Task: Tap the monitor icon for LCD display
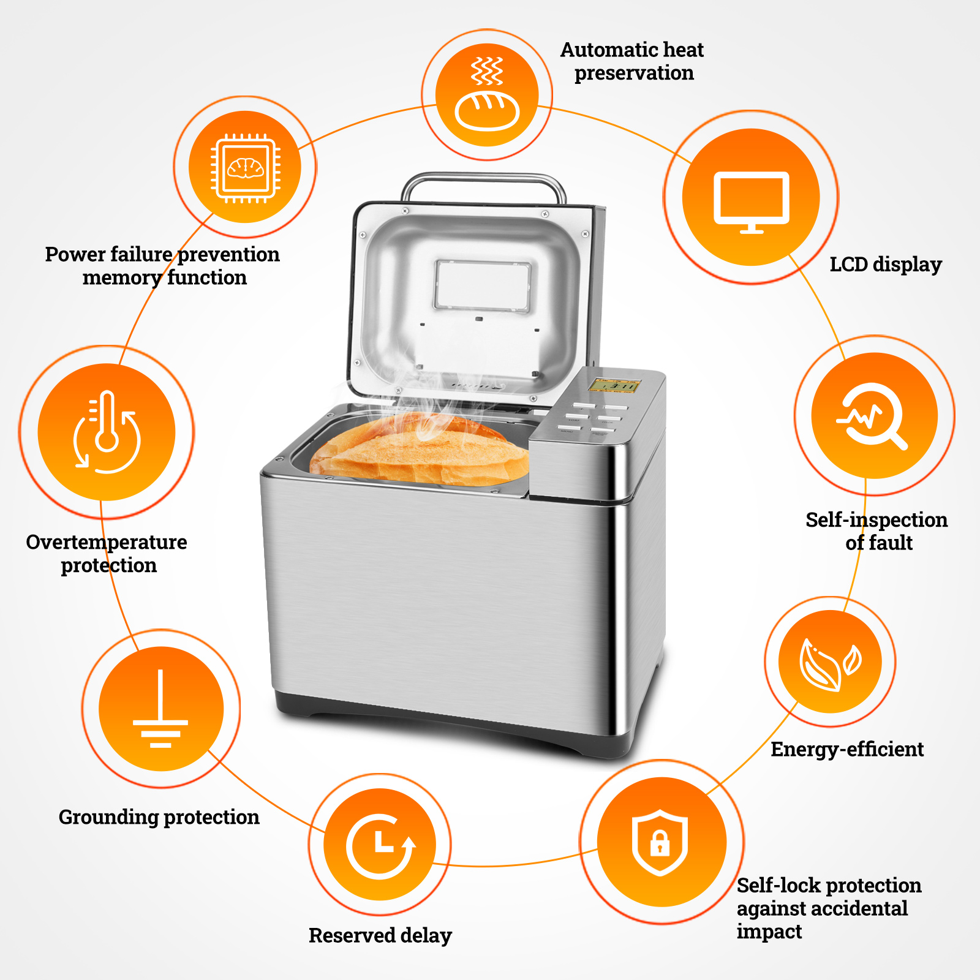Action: pyautogui.click(x=752, y=198)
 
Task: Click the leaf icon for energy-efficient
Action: pyautogui.click(x=830, y=662)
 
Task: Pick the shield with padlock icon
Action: pyautogui.click(x=660, y=842)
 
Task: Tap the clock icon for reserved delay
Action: pyautogui.click(x=380, y=845)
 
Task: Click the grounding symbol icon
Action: pyautogui.click(x=160, y=709)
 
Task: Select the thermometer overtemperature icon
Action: pyautogui.click(x=107, y=432)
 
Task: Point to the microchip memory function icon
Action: pyautogui.click(x=245, y=167)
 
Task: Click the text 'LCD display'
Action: pyautogui.click(x=885, y=265)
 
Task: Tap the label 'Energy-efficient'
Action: pyautogui.click(x=846, y=749)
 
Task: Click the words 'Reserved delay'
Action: pyautogui.click(x=380, y=935)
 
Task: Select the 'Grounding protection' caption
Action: pyautogui.click(x=159, y=817)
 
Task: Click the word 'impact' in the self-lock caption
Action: pyautogui.click(x=769, y=932)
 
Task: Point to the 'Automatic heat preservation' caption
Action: pyautogui.click(x=632, y=61)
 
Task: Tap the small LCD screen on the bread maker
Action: pyautogui.click(x=614, y=385)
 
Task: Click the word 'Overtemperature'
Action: pyautogui.click(x=107, y=542)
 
